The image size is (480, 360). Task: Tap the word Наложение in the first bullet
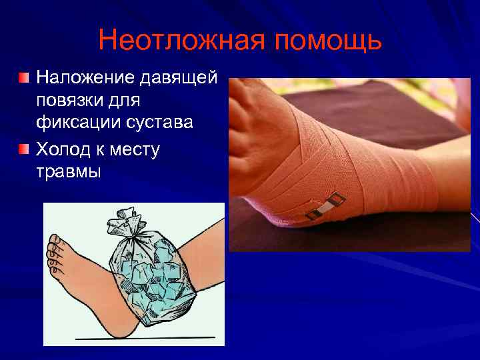tap(85, 79)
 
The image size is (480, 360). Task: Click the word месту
tap(132, 149)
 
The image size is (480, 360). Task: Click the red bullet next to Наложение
tap(24, 78)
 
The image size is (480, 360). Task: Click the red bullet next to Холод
tap(24, 147)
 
